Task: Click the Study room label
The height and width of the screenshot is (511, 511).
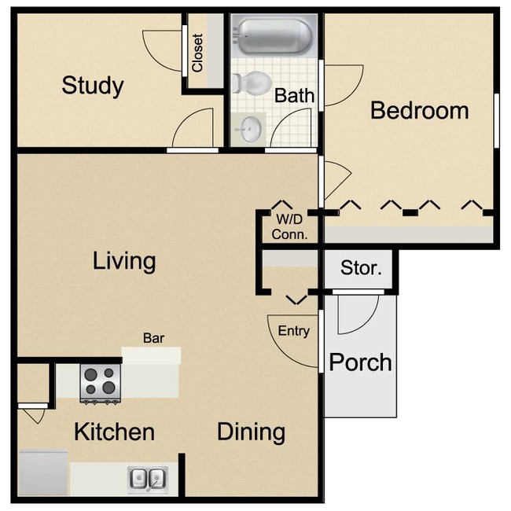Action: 92,85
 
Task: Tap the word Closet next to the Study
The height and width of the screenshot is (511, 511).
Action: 197,53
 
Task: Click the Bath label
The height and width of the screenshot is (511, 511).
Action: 295,96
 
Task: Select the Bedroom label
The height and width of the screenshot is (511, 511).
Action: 419,110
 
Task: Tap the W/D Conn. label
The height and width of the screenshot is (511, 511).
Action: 289,227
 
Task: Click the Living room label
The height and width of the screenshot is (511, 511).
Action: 124,260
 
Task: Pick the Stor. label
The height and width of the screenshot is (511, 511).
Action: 361,268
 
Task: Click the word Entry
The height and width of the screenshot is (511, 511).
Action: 294,331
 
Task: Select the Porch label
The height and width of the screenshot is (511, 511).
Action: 360,362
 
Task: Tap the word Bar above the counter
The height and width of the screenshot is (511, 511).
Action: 153,339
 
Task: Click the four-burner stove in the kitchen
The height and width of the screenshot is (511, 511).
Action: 101,384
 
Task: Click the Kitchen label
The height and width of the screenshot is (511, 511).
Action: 114,432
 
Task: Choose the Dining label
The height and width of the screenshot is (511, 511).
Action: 251,432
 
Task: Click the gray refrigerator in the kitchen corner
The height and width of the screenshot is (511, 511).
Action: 43,472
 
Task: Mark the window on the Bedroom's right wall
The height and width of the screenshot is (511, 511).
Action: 496,119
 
